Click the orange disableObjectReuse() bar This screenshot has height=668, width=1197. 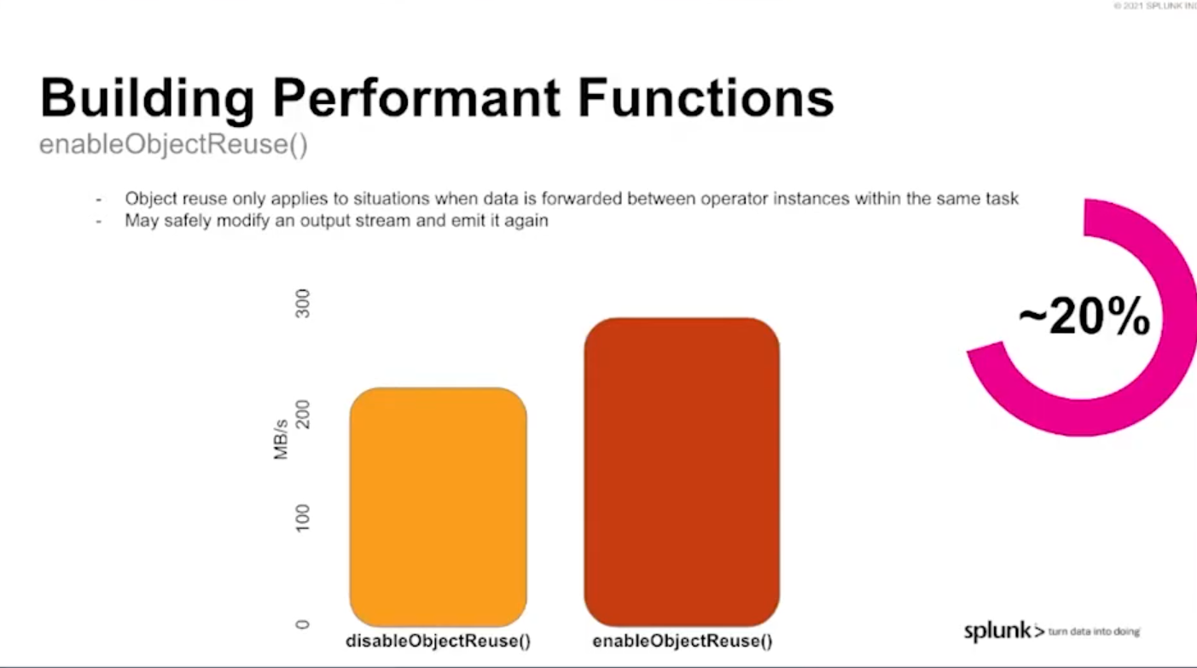tap(439, 507)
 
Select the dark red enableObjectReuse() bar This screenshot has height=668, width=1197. tap(682, 472)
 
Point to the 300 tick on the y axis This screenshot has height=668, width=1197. tap(302, 303)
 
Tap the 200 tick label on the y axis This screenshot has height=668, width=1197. tap(302, 414)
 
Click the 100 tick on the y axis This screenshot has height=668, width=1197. tap(302, 517)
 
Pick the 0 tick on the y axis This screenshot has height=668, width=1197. tap(302, 624)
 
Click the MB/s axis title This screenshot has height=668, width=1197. tap(281, 439)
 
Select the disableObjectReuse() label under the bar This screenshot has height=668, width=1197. tap(439, 641)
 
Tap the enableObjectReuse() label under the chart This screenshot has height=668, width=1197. tap(683, 641)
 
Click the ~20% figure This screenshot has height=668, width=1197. tap(1084, 317)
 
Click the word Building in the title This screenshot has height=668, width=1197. tap(147, 99)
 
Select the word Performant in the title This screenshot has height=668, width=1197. tap(416, 98)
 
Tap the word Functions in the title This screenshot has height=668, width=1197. tap(706, 98)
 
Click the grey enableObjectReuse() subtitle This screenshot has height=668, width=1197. tap(173, 145)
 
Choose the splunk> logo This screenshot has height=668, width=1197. tap(1004, 631)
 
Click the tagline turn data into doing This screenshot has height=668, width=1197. tap(1094, 631)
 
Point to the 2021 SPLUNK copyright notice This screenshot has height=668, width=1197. tap(1155, 6)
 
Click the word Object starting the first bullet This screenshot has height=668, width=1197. tap(151, 199)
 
